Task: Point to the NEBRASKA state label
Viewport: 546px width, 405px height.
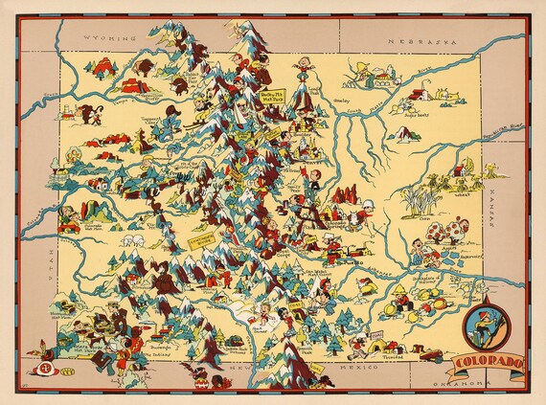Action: [414, 43]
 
